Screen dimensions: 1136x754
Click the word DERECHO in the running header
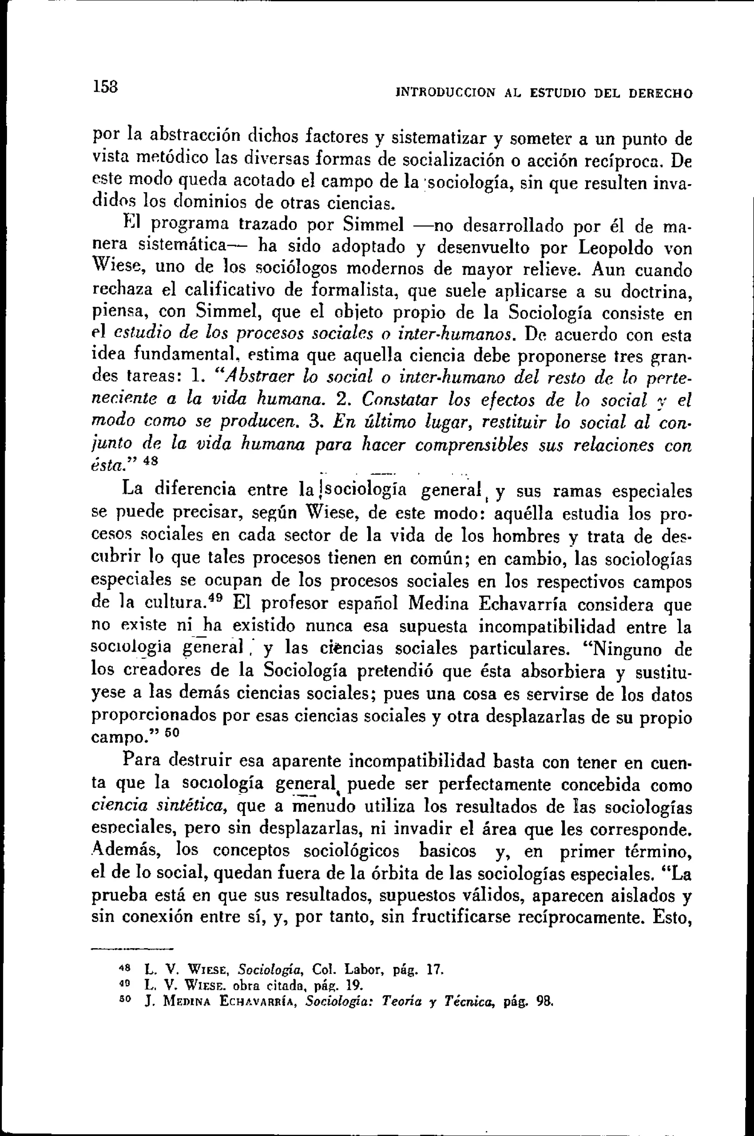[661, 93]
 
